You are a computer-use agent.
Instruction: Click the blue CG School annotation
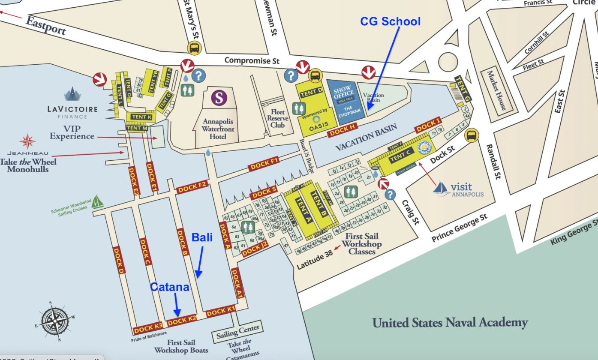pyautogui.click(x=390, y=21)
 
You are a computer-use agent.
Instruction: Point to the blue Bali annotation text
pyautogui.click(x=202, y=237)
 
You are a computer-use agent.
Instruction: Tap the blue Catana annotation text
pyautogui.click(x=169, y=287)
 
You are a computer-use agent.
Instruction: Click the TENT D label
pyautogui.click(x=312, y=91)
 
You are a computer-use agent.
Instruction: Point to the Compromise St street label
pyautogui.click(x=252, y=60)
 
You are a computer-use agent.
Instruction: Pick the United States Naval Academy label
pyautogui.click(x=450, y=322)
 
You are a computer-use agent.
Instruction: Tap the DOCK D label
pyautogui.click(x=119, y=261)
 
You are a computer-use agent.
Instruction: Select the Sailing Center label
pyautogui.click(x=238, y=331)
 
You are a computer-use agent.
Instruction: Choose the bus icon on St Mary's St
pyautogui.click(x=194, y=48)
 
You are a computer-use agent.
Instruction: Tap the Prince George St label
pyautogui.click(x=459, y=228)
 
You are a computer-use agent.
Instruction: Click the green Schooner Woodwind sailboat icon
pyautogui.click(x=98, y=201)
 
